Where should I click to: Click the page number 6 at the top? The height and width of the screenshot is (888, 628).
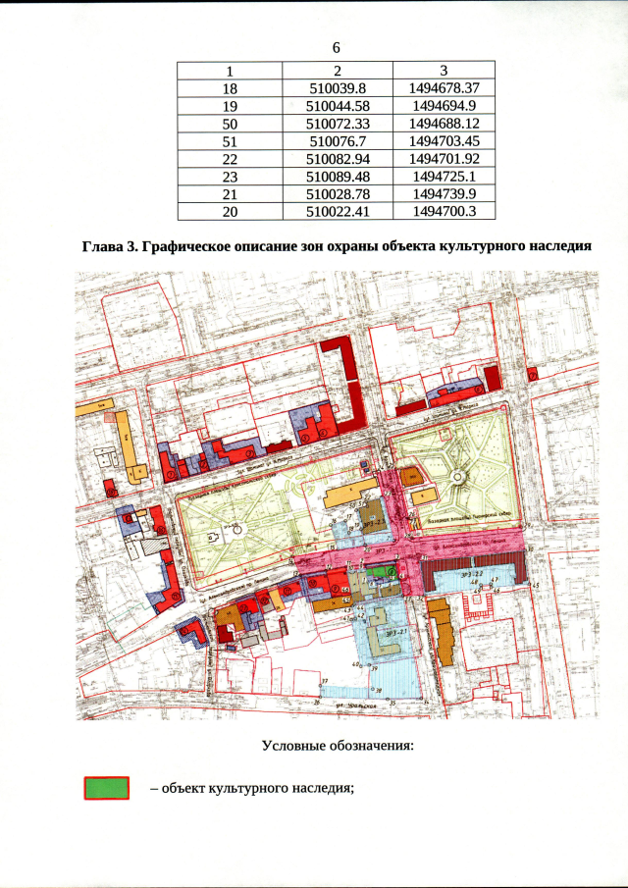click(x=336, y=48)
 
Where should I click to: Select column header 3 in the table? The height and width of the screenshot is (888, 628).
click(x=444, y=71)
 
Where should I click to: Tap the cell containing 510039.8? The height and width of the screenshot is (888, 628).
click(x=337, y=88)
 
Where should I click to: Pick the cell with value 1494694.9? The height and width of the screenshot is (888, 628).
click(x=444, y=106)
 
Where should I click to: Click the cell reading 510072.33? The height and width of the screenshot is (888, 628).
click(x=337, y=124)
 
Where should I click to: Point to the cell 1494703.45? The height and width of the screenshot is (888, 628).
click(x=444, y=141)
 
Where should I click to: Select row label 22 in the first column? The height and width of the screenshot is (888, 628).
click(x=231, y=159)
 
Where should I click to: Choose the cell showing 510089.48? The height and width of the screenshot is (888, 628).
click(x=337, y=177)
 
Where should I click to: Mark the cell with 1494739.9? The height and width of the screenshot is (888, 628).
click(x=444, y=194)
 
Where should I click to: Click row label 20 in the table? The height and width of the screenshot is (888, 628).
click(x=231, y=211)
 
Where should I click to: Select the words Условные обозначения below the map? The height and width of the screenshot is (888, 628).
click(x=338, y=746)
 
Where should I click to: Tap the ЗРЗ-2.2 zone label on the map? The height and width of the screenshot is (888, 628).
click(x=475, y=571)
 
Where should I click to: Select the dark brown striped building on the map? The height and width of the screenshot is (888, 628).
click(x=472, y=570)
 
